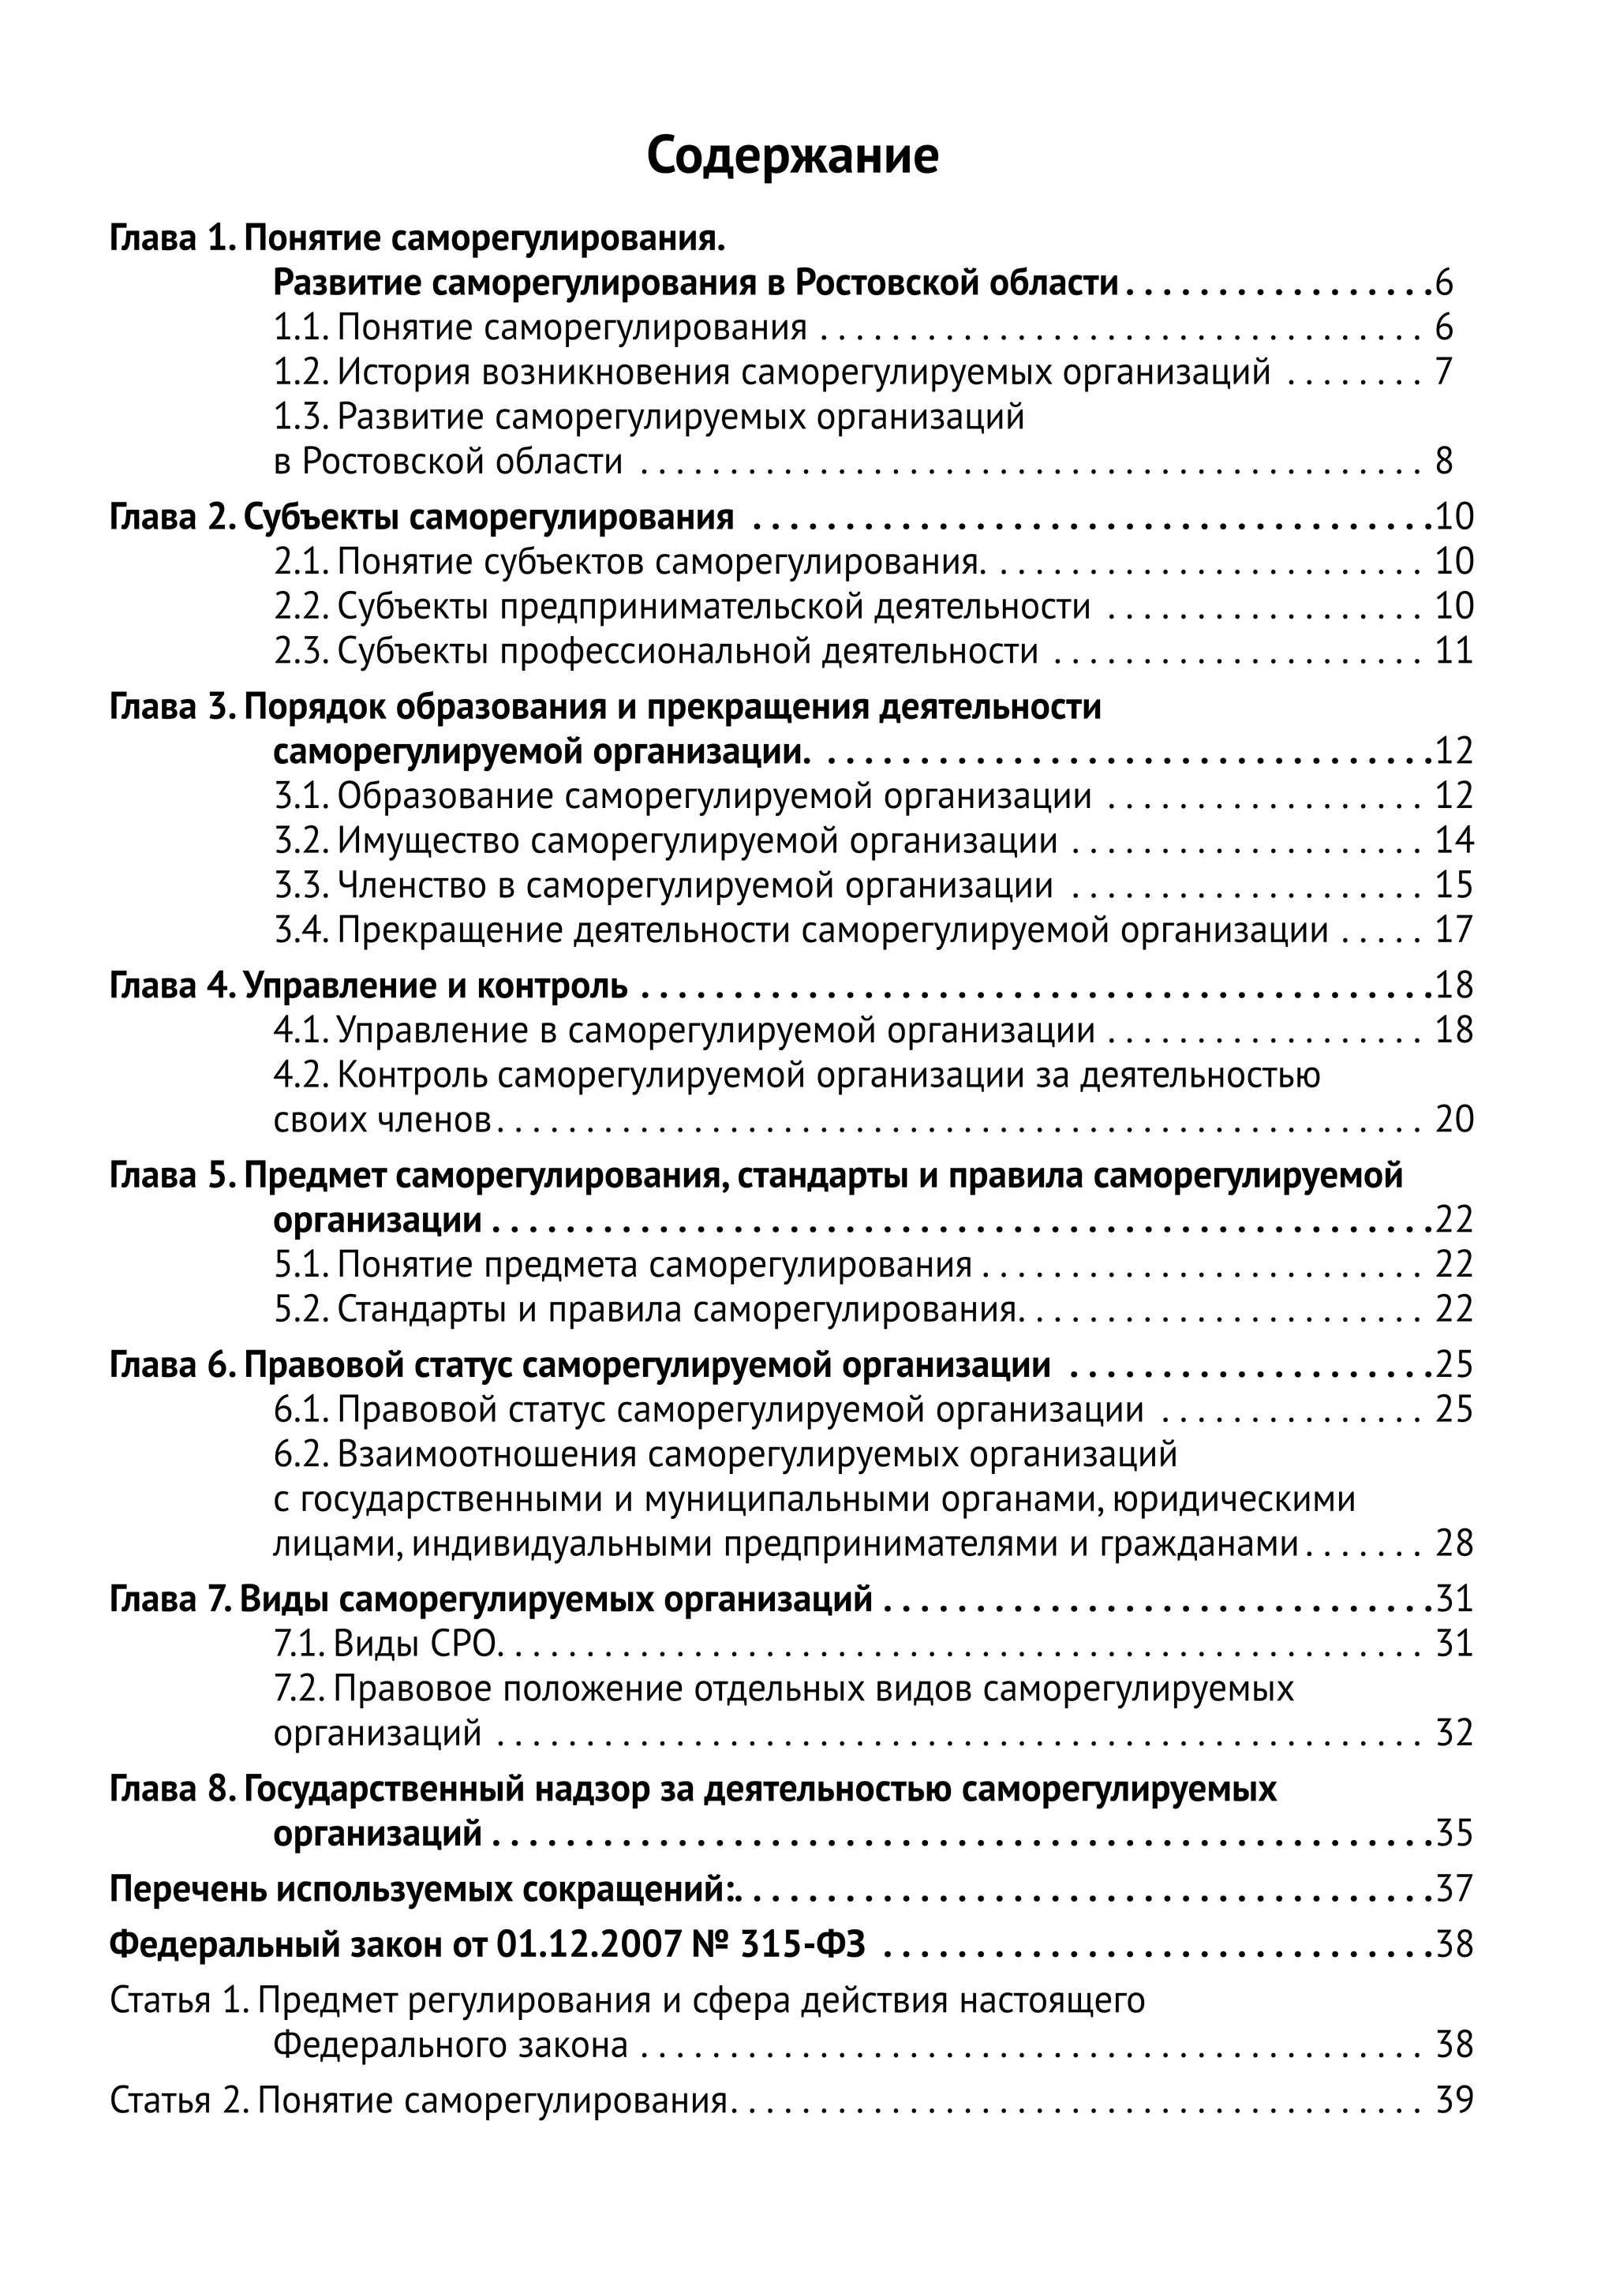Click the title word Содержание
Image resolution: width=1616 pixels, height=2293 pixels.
point(792,157)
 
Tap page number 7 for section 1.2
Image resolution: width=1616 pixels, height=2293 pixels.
point(1443,372)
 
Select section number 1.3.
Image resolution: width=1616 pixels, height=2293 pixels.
point(301,417)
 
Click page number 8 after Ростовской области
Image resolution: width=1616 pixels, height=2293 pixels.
point(1443,462)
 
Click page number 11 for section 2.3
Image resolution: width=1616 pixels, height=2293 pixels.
point(1453,651)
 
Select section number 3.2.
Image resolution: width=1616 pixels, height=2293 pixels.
point(301,841)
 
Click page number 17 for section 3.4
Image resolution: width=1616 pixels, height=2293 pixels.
point(1453,930)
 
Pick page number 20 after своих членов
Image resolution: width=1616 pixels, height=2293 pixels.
point(1453,1120)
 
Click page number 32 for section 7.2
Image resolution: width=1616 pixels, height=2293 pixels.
point(1453,1733)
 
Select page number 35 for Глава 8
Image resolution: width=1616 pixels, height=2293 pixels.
point(1453,1834)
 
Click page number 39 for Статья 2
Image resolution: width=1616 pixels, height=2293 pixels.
point(1453,2100)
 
